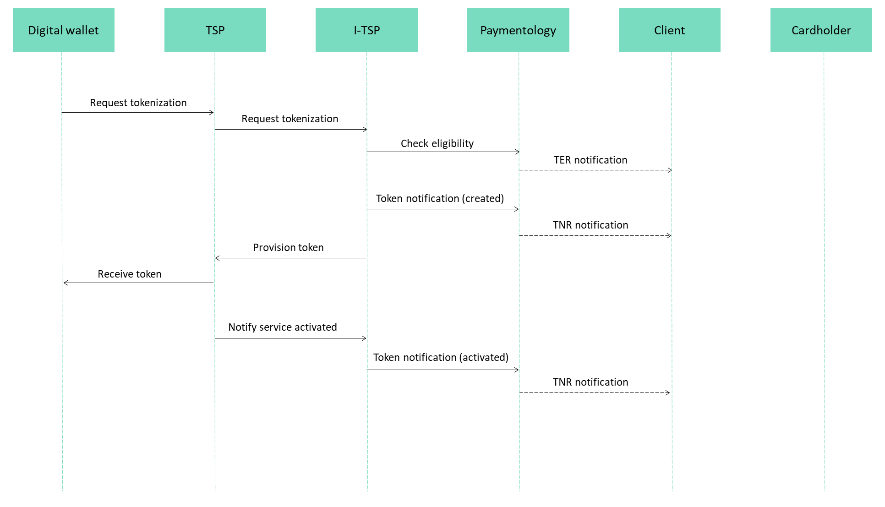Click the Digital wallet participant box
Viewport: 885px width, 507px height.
click(x=64, y=30)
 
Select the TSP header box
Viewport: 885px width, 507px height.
click(x=215, y=30)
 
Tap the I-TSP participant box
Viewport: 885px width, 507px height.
click(x=366, y=30)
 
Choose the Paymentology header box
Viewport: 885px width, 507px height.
click(x=518, y=30)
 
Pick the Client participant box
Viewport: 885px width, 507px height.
click(x=670, y=30)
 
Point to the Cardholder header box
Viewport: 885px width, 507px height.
click(x=821, y=30)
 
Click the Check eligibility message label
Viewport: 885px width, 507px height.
click(x=437, y=143)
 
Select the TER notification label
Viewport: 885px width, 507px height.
click(x=590, y=160)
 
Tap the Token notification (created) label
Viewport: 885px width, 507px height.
click(x=440, y=198)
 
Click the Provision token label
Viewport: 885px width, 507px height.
click(x=288, y=247)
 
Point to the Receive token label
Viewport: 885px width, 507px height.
click(x=130, y=274)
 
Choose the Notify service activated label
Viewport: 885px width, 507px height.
click(x=283, y=327)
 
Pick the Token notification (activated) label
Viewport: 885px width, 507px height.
click(x=441, y=357)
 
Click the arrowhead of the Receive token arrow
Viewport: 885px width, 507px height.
click(x=65, y=283)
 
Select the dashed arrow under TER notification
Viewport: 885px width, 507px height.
click(x=595, y=170)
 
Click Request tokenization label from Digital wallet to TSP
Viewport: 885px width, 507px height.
click(x=138, y=103)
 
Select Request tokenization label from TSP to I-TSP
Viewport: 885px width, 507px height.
click(x=290, y=119)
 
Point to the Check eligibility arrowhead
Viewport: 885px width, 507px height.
click(x=518, y=152)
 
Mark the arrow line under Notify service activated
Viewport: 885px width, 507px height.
click(x=291, y=338)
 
